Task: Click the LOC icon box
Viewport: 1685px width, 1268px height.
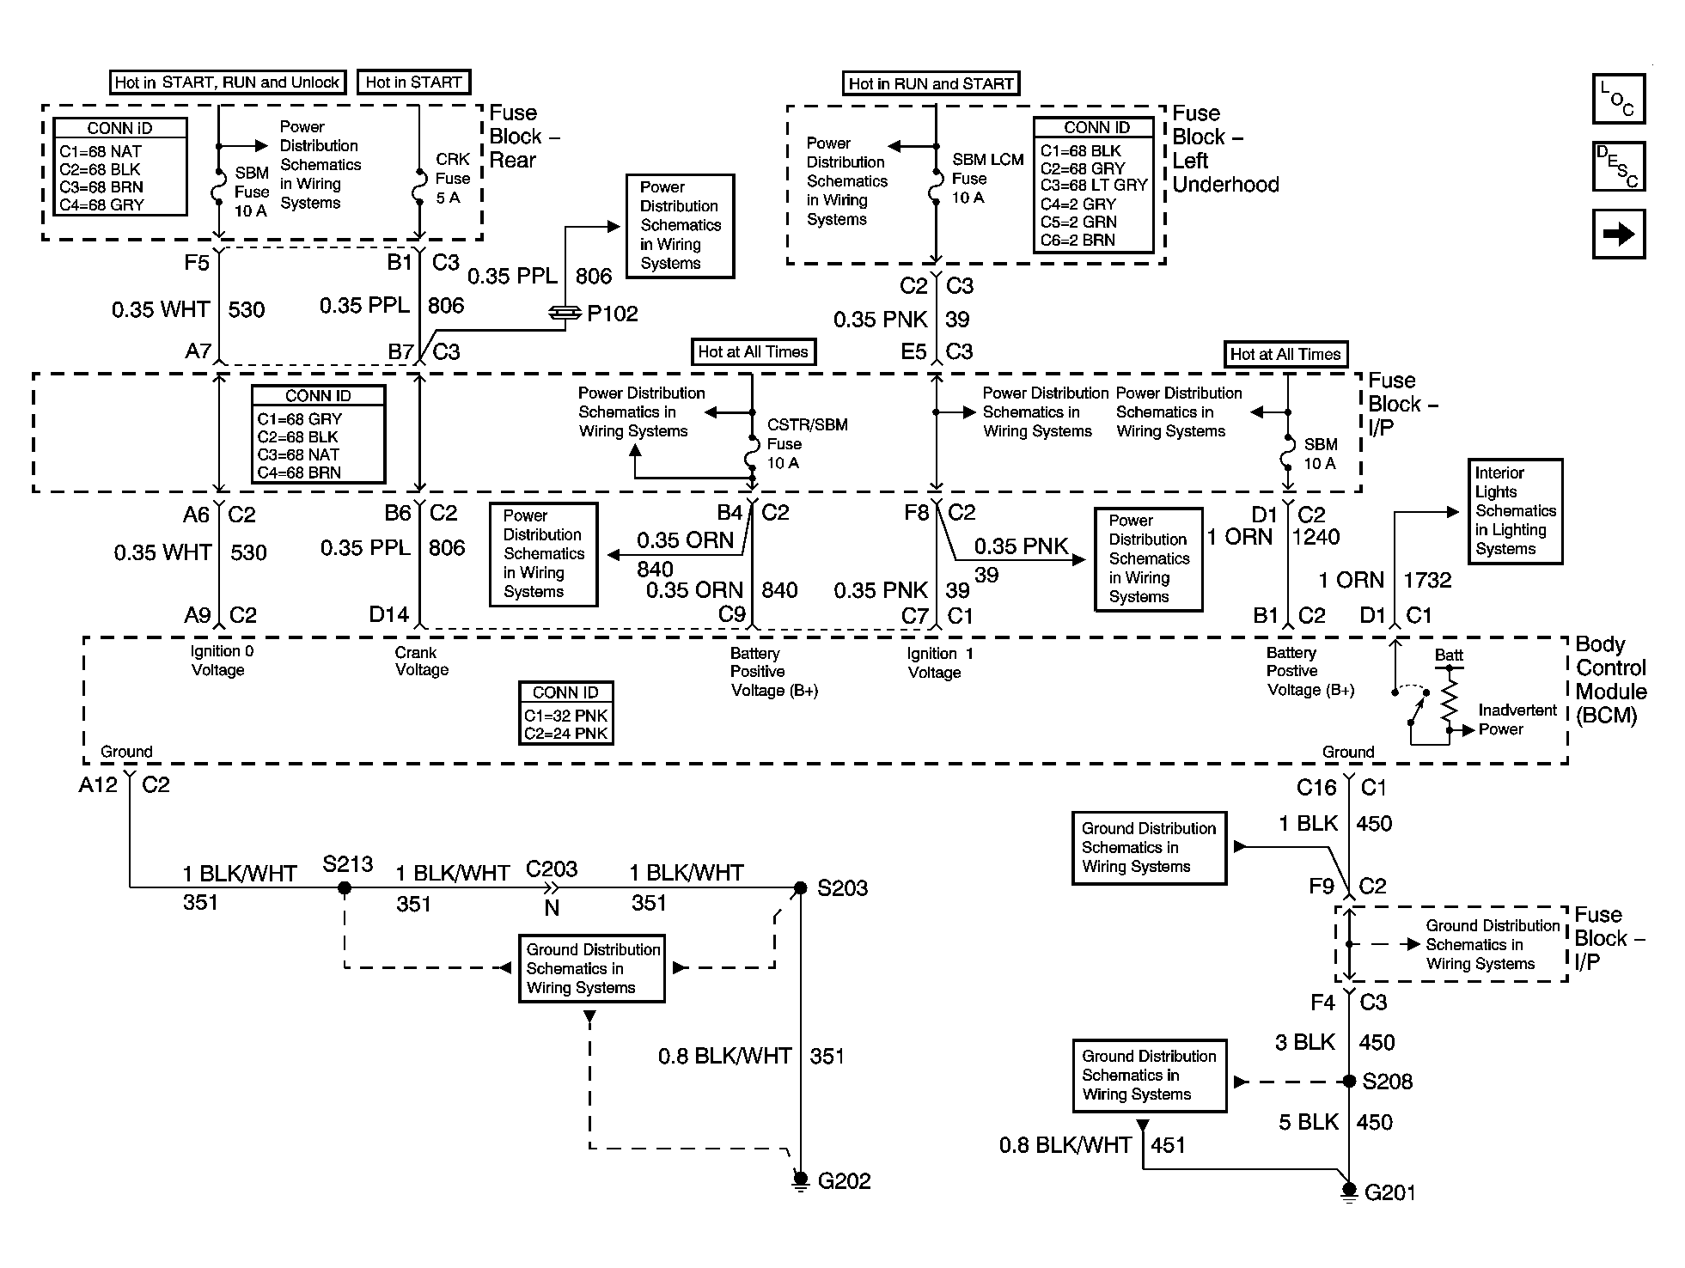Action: pos(1618,100)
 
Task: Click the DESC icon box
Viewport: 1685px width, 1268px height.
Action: pos(1618,167)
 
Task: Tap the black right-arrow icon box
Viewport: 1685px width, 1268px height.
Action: pos(1618,234)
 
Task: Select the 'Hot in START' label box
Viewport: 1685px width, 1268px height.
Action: pos(413,82)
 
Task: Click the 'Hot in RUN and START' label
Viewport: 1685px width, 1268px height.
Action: pos(931,83)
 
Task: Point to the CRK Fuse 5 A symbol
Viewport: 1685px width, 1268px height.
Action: pos(418,187)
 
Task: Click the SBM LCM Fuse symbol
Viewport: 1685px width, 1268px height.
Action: pos(936,187)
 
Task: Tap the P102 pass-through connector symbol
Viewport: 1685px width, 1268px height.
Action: pos(565,314)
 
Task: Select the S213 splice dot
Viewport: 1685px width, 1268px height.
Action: pos(345,887)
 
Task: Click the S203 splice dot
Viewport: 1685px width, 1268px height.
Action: pos(800,887)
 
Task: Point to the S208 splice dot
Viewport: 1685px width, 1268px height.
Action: pos(1349,1082)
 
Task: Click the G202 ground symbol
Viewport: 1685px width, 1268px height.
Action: pos(800,1182)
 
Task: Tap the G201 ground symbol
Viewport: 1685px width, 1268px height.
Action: pos(1349,1193)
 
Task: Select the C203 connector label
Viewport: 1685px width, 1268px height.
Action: pos(552,869)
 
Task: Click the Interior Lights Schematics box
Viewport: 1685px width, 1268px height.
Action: pos(1515,511)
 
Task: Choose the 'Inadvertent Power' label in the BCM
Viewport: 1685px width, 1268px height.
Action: pos(1517,720)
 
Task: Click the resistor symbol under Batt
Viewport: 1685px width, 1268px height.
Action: pos(1450,699)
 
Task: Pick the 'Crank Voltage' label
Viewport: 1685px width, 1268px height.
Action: pos(422,661)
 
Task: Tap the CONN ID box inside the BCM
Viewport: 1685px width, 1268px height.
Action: pos(566,713)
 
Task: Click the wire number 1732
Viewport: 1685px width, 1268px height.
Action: pos(1427,580)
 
